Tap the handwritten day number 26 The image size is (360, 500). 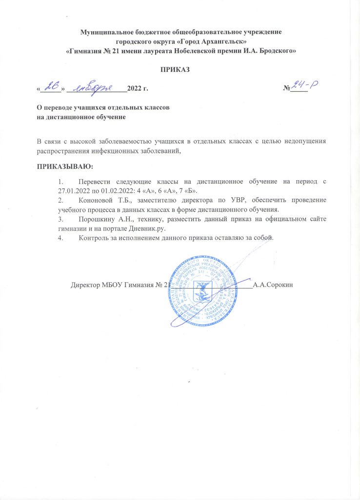coord(50,86)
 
